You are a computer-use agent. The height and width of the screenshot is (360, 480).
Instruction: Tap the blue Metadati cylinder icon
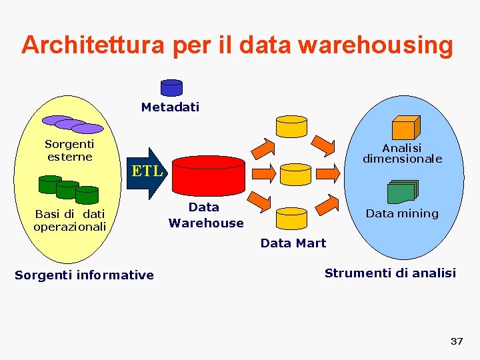pyautogui.click(x=171, y=88)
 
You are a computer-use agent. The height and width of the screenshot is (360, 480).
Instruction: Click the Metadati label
pyautogui.click(x=170, y=107)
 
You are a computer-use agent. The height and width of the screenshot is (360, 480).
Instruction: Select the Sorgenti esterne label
pyautogui.click(x=69, y=150)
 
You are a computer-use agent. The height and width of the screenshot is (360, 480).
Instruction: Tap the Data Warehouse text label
pyautogui.click(x=205, y=215)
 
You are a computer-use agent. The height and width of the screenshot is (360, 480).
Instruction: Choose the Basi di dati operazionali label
pyautogui.click(x=70, y=220)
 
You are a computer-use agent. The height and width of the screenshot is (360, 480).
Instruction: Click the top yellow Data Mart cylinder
pyautogui.click(x=291, y=126)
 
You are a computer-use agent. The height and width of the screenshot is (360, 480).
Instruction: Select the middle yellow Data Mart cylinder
pyautogui.click(x=295, y=174)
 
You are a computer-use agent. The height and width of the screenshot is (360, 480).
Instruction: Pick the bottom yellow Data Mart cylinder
pyautogui.click(x=291, y=219)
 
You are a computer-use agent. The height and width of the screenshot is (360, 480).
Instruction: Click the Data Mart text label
pyautogui.click(x=293, y=243)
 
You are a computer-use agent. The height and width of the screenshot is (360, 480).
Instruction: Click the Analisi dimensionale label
pyautogui.click(x=402, y=153)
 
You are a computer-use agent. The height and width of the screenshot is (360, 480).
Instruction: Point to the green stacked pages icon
pyautogui.click(x=403, y=192)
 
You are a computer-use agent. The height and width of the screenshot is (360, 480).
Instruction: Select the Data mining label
pyautogui.click(x=402, y=213)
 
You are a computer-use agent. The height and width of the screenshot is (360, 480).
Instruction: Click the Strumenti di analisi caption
pyautogui.click(x=390, y=273)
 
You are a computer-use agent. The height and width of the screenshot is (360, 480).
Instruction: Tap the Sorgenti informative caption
pyautogui.click(x=84, y=275)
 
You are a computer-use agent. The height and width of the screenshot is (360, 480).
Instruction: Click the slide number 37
pyautogui.click(x=457, y=341)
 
